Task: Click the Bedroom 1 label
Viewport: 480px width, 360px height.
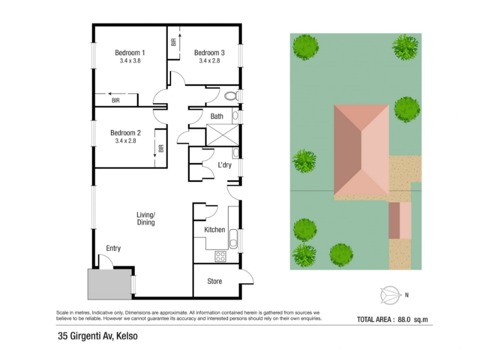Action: coord(130,53)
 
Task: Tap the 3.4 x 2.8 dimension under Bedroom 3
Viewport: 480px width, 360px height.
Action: coord(209,61)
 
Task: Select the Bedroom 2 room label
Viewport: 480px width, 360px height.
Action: coord(125,133)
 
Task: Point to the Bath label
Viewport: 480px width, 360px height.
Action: coord(217,116)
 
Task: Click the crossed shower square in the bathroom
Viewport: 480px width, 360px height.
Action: coord(223,135)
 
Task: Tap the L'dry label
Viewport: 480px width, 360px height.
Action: coord(224,165)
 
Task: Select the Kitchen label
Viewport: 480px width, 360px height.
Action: coord(215,230)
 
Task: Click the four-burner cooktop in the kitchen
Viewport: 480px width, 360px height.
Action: coord(220,257)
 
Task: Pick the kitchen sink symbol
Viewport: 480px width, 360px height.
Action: coord(233,238)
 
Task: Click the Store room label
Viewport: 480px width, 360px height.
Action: coord(215,281)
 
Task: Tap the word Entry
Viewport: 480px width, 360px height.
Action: coord(113,248)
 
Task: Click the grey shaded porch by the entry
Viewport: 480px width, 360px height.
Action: coord(110,284)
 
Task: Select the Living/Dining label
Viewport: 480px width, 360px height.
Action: coord(146,218)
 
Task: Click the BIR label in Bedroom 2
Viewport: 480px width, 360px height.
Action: coord(161,148)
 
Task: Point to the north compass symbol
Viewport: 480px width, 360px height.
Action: coord(391,295)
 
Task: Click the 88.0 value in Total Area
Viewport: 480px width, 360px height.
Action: coord(404,320)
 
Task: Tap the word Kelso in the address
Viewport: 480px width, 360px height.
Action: coord(127,336)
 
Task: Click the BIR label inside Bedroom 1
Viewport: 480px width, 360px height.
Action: coord(115,100)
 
